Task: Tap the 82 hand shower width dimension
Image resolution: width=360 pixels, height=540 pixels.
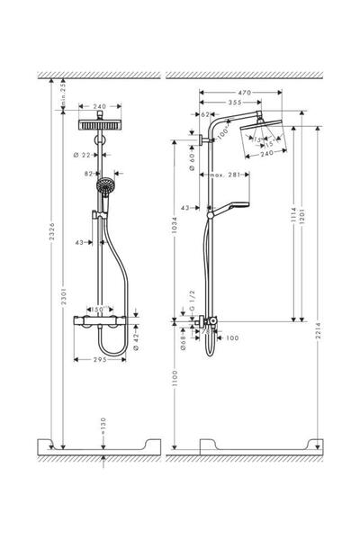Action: [88, 174]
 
